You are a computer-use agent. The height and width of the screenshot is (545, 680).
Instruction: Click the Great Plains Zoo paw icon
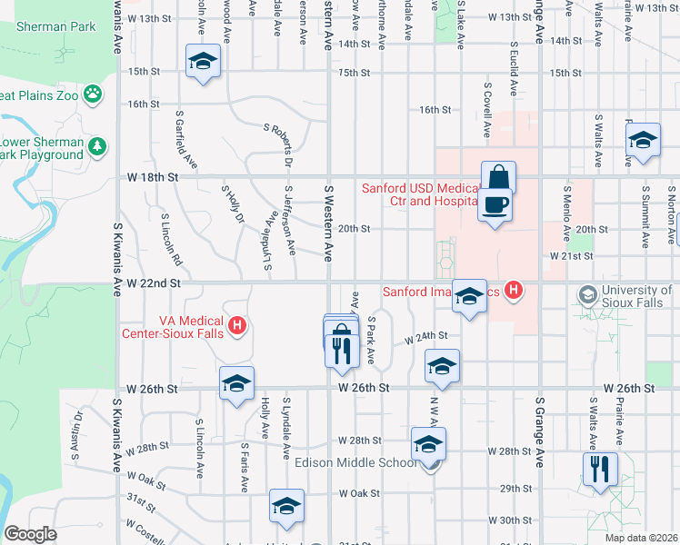[x=93, y=94]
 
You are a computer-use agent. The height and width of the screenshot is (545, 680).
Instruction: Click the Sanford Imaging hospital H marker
[x=515, y=292]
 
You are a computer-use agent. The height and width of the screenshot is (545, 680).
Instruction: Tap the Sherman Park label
[x=55, y=26]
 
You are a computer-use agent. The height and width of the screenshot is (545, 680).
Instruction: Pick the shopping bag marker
[x=498, y=176]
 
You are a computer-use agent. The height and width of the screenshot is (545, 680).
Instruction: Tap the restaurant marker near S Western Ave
[x=342, y=349]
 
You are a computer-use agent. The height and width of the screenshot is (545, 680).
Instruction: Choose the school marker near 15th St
[x=204, y=61]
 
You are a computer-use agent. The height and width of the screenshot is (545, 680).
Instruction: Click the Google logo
[x=30, y=534]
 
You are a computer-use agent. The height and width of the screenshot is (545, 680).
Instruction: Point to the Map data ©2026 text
[x=640, y=538]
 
